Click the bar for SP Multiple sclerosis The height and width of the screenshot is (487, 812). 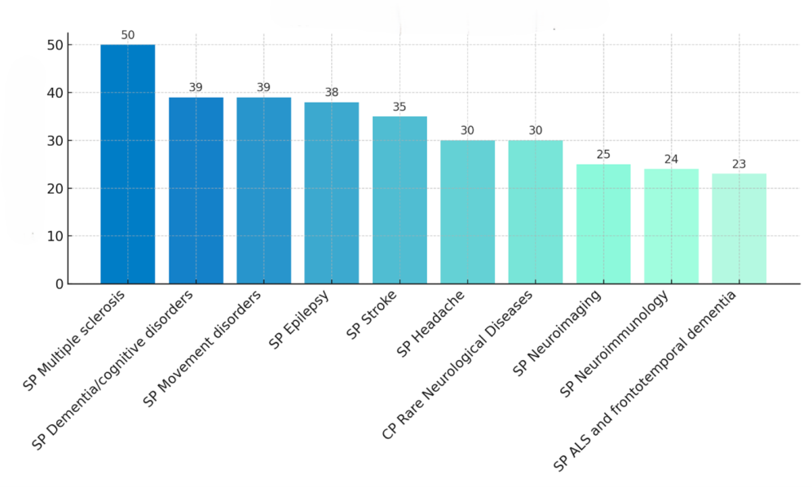(x=127, y=164)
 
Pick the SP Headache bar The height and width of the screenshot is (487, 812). (x=467, y=212)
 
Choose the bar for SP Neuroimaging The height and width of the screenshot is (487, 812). (x=603, y=224)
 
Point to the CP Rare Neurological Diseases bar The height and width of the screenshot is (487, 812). (x=535, y=212)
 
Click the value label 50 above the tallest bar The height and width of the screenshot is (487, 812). (x=127, y=35)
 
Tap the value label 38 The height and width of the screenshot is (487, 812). (x=331, y=92)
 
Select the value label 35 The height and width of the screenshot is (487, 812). (x=399, y=107)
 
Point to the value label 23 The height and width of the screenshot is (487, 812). (x=739, y=164)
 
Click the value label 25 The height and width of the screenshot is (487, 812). (x=603, y=154)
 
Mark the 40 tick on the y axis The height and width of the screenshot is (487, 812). (x=53, y=93)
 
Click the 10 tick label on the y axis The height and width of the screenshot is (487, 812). (x=53, y=236)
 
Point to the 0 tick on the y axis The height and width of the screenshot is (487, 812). (x=58, y=284)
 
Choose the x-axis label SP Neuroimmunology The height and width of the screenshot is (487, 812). (x=616, y=344)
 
